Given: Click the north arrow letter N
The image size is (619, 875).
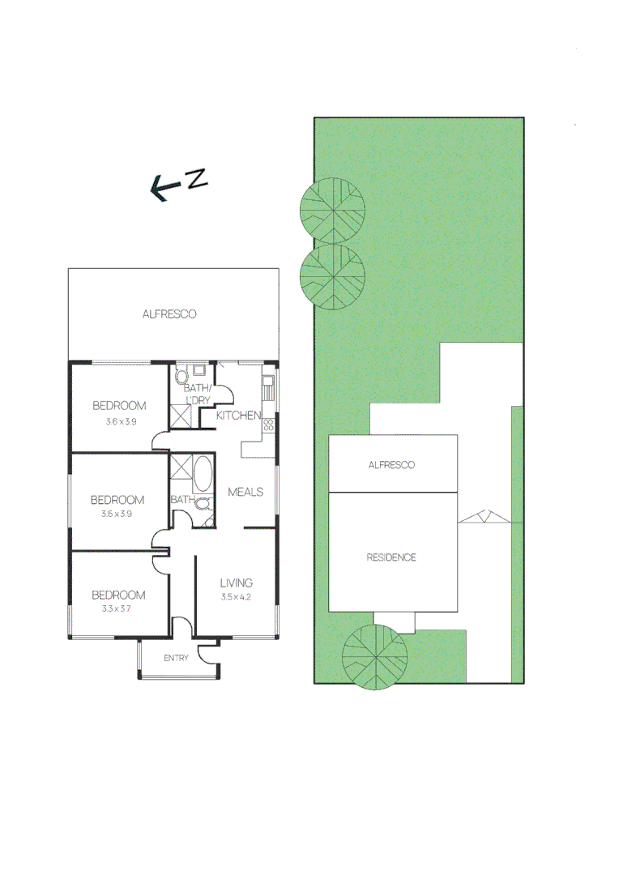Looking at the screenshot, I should [x=197, y=179].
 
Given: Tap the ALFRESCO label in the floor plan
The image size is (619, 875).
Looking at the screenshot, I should [x=169, y=314].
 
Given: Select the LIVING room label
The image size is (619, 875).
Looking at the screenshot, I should [x=237, y=583].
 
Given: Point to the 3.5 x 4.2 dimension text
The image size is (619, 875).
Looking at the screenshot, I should [x=237, y=597].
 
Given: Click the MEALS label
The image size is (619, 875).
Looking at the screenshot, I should [x=245, y=492].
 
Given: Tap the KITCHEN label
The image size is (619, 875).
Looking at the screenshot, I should [x=238, y=416].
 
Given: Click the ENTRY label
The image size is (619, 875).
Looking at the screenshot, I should [x=176, y=658].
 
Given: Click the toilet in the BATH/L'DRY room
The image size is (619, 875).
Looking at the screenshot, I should [x=181, y=376].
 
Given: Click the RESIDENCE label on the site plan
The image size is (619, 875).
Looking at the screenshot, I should [x=391, y=557].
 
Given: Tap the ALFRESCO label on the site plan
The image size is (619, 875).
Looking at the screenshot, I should [x=391, y=465].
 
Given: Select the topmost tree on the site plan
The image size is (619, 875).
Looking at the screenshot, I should [x=332, y=211].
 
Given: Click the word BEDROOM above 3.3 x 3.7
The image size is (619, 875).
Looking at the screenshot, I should [x=118, y=595].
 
